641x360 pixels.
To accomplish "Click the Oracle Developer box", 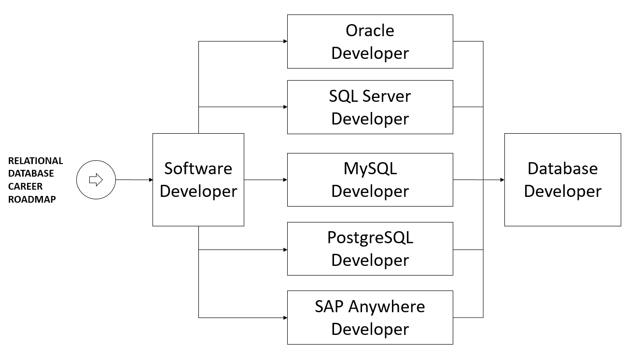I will (x=370, y=42).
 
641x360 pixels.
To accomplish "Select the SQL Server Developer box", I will (x=370, y=107).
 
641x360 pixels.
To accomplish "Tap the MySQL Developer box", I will (x=370, y=180).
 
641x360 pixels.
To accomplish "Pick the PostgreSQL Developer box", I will (x=370, y=249).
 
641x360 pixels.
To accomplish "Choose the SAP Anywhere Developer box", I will (x=370, y=318).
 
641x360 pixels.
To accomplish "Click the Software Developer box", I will (x=198, y=180).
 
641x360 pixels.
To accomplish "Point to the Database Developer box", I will (x=562, y=180).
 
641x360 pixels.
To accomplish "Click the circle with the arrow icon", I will (x=96, y=180).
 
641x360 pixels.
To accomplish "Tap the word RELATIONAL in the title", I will (x=36, y=161).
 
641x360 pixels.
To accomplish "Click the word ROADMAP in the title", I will (x=32, y=199).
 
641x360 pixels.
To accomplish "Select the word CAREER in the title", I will (x=26, y=186).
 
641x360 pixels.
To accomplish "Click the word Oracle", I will (x=370, y=30).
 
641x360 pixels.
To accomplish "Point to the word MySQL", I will (x=370, y=168).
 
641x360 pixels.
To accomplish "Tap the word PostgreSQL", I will (x=370, y=237).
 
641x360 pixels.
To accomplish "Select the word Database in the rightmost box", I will (x=562, y=168).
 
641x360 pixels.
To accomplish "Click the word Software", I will (x=198, y=168).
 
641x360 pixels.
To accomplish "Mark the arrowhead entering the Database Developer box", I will (x=502, y=180).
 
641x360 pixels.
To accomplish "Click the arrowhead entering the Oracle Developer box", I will (x=285, y=42).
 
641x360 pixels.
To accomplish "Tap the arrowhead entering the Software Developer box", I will (x=150, y=180).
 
